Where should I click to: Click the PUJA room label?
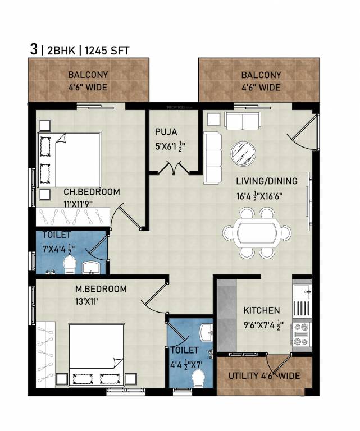point(166,132)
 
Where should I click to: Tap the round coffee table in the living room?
point(243,153)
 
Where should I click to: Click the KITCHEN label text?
point(261,310)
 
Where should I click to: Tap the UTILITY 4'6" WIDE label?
point(263,375)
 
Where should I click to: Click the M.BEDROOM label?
point(101,289)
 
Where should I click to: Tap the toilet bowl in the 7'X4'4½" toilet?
point(69,265)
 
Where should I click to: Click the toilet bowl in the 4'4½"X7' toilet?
point(198,380)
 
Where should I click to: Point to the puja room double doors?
point(172,168)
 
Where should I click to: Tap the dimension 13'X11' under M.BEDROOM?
point(92,301)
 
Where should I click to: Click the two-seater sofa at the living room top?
point(242,120)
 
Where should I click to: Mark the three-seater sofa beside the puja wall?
point(212,157)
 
